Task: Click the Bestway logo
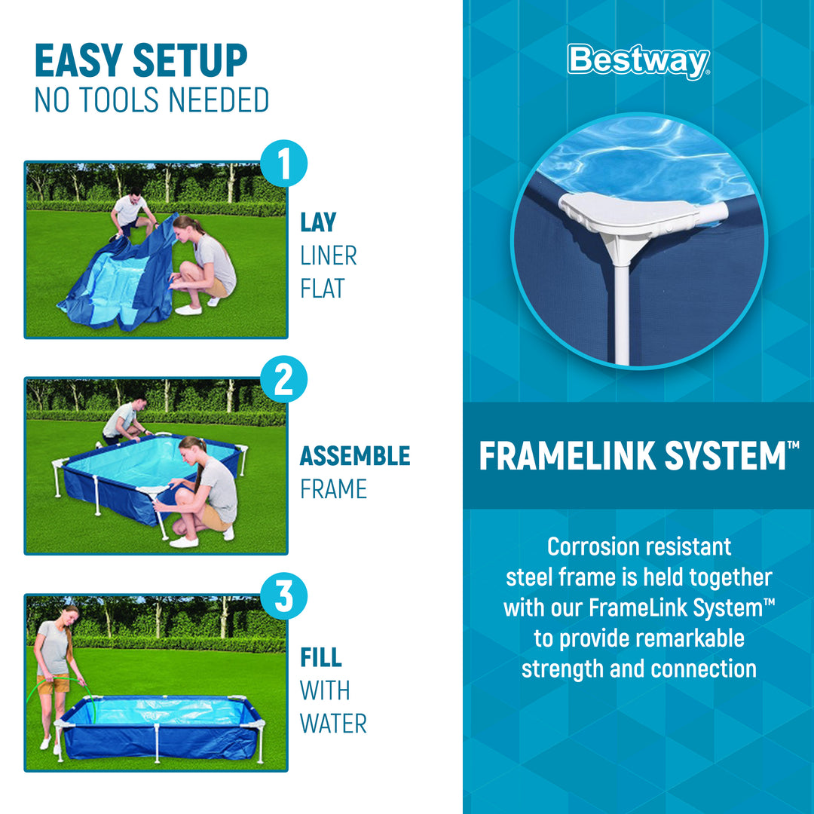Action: pos(638,61)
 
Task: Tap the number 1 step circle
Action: pos(283,165)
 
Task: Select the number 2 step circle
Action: pos(283,381)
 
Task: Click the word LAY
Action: pos(318,222)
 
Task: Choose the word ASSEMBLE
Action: pos(355,456)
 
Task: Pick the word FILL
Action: pos(321,656)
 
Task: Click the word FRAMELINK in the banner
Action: pos(572,456)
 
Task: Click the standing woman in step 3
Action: pos(55,663)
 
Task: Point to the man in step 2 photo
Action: pos(121,420)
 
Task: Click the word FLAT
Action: pos(323,289)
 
